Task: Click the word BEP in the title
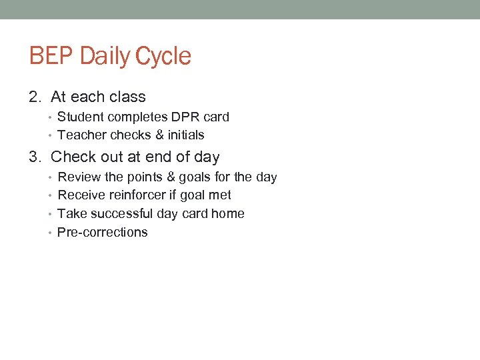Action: pyautogui.click(x=51, y=56)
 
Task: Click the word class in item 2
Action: pyautogui.click(x=127, y=97)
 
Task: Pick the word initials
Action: pyautogui.click(x=186, y=135)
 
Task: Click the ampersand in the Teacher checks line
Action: pyautogui.click(x=159, y=135)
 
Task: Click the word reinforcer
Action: pyautogui.click(x=135, y=195)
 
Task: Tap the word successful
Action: pyautogui.click(x=120, y=214)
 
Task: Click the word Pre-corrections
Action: pyautogui.click(x=103, y=233)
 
